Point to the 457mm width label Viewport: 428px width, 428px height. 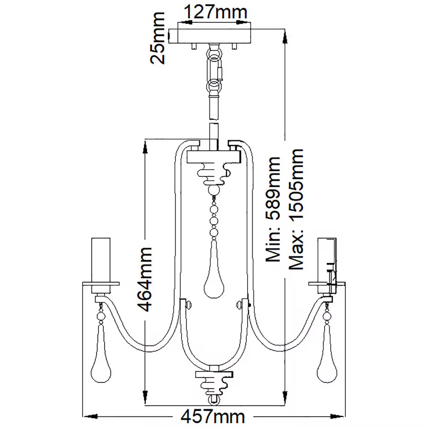coord(213,416)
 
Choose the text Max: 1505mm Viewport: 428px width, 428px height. coord(296,209)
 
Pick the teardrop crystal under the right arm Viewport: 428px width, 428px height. coord(326,357)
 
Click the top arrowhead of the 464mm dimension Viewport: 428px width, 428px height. coord(145,146)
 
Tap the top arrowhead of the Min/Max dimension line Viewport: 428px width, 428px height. coord(285,35)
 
